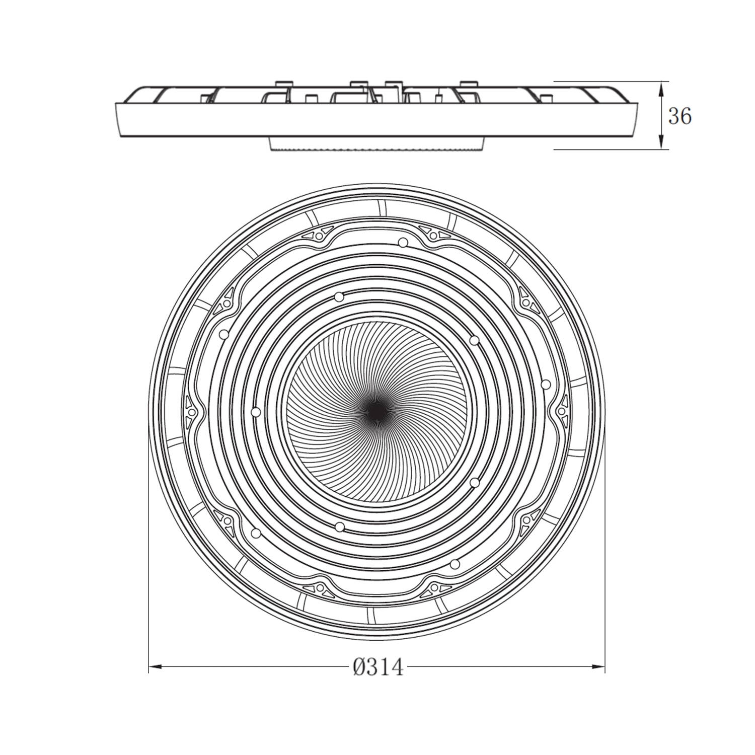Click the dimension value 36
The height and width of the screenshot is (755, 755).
coord(679,117)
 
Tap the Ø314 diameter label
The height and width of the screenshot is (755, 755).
coord(378,667)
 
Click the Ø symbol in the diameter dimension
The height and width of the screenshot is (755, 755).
coord(359,667)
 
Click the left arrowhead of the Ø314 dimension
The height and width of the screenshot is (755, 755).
coord(156,667)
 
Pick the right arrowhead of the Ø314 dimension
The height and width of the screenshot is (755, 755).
coord(598,667)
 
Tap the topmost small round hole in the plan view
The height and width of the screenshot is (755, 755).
coord(402,243)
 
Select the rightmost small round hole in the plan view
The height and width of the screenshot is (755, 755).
coord(546,384)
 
